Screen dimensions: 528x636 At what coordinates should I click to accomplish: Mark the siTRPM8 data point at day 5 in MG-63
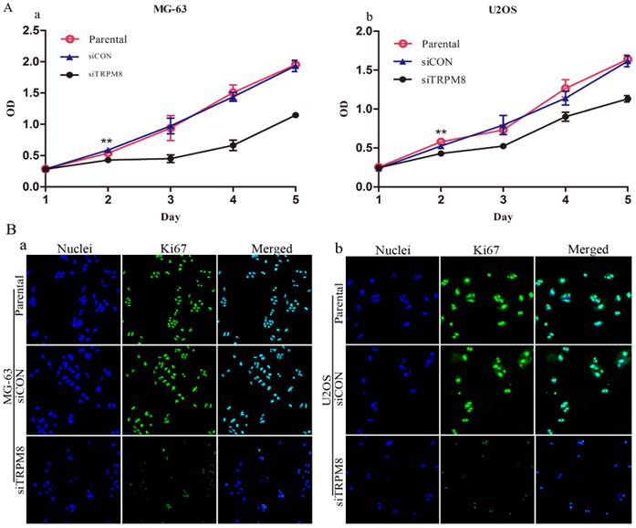(295, 115)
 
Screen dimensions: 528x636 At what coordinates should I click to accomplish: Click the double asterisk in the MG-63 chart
(107, 143)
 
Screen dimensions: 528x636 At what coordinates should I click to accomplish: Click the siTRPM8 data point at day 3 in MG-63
(170, 158)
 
